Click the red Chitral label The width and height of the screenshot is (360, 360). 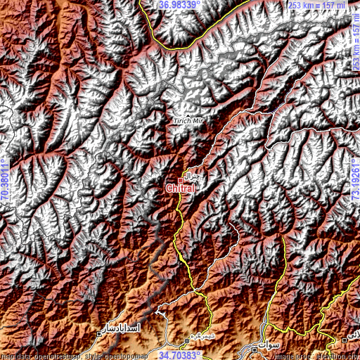179,188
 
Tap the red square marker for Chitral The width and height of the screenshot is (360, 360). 180,180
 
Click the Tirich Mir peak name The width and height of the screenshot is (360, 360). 187,120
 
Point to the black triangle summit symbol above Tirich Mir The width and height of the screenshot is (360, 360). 187,113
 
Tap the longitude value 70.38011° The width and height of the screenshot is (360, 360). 5,181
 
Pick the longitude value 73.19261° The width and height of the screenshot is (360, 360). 355,181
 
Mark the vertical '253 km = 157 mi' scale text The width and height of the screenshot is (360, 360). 355,46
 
